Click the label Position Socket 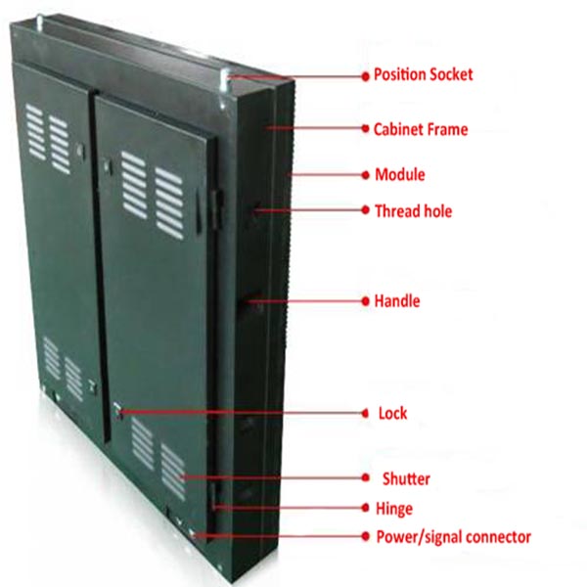[x=423, y=74]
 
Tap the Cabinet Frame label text [x=421, y=129]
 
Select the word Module [x=400, y=175]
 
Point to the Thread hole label [x=413, y=211]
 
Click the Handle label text [x=397, y=301]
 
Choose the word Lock [x=392, y=413]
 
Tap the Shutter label [x=406, y=478]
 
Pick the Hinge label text [x=394, y=509]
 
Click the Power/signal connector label [x=453, y=537]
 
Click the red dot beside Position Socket [x=365, y=76]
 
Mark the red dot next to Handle [x=365, y=301]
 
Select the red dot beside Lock [x=365, y=413]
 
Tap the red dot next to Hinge [x=365, y=508]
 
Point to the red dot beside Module [x=365, y=175]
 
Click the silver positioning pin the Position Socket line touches [x=225, y=80]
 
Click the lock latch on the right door [x=118, y=411]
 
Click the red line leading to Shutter [x=272, y=477]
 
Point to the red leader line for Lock [x=242, y=413]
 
